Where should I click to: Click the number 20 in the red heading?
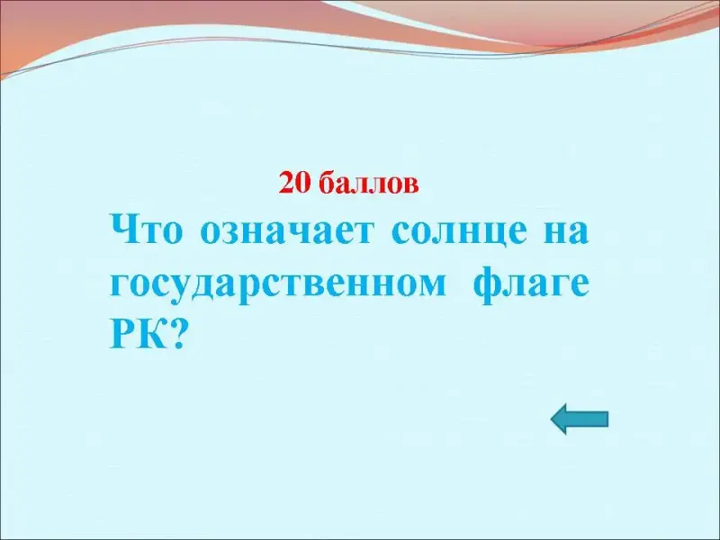tap(294, 184)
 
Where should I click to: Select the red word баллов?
tap(368, 184)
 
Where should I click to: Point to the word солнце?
tap(459, 233)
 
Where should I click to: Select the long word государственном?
tap(278, 284)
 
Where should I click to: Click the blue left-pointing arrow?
tap(580, 418)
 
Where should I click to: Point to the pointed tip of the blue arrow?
tap(551, 418)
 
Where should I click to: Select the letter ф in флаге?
tap(489, 283)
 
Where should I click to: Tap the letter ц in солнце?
tap(490, 235)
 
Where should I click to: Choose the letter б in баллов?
tap(325, 184)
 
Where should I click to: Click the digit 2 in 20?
tap(286, 184)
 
